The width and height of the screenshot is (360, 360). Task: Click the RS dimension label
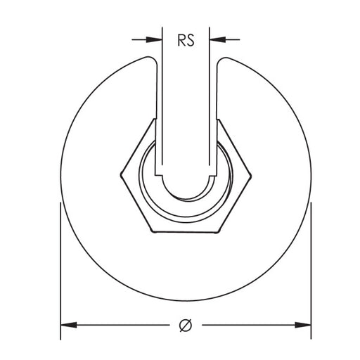point(186,39)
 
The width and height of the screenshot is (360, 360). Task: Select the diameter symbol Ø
point(186,325)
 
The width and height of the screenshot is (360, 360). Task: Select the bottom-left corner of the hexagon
point(154,229)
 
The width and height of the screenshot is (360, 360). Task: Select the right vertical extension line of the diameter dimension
point(311,267)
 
